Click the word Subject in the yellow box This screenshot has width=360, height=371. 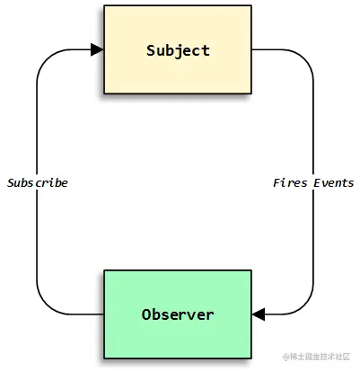(x=178, y=50)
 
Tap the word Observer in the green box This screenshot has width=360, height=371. (x=178, y=314)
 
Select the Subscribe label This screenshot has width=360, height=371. (x=38, y=182)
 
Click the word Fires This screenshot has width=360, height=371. (x=290, y=182)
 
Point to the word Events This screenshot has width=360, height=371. (x=334, y=182)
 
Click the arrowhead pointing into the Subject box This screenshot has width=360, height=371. (x=97, y=49)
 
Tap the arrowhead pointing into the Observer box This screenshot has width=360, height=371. (x=259, y=314)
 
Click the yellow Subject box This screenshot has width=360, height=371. (x=178, y=49)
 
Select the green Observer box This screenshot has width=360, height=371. (x=178, y=314)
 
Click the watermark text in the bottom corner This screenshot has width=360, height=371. (x=316, y=357)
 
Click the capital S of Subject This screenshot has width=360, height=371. (x=151, y=50)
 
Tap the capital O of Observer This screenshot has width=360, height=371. (x=146, y=314)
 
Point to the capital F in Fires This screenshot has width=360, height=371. (x=277, y=182)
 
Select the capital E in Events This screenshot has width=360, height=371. (x=318, y=182)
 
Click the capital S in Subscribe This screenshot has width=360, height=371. (x=12, y=182)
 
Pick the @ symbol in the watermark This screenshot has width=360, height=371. (x=286, y=357)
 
